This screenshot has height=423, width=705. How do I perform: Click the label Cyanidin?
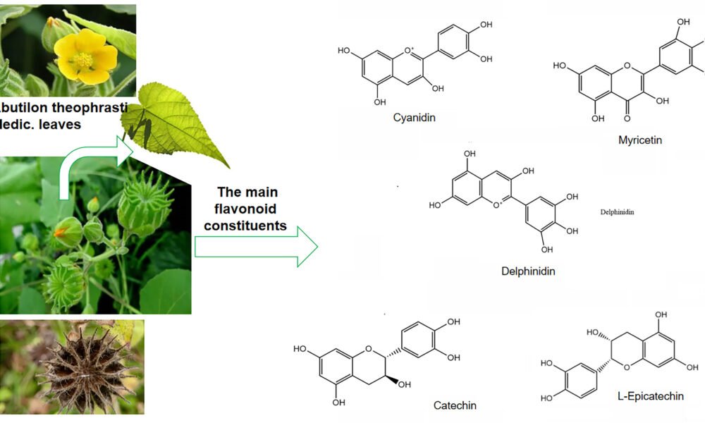click(x=414, y=118)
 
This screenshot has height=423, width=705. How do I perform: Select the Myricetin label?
click(x=640, y=140)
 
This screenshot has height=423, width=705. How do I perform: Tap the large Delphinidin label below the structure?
click(x=524, y=271)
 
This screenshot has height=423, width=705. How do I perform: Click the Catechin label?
click(x=455, y=405)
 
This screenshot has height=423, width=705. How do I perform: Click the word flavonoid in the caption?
click(x=247, y=209)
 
